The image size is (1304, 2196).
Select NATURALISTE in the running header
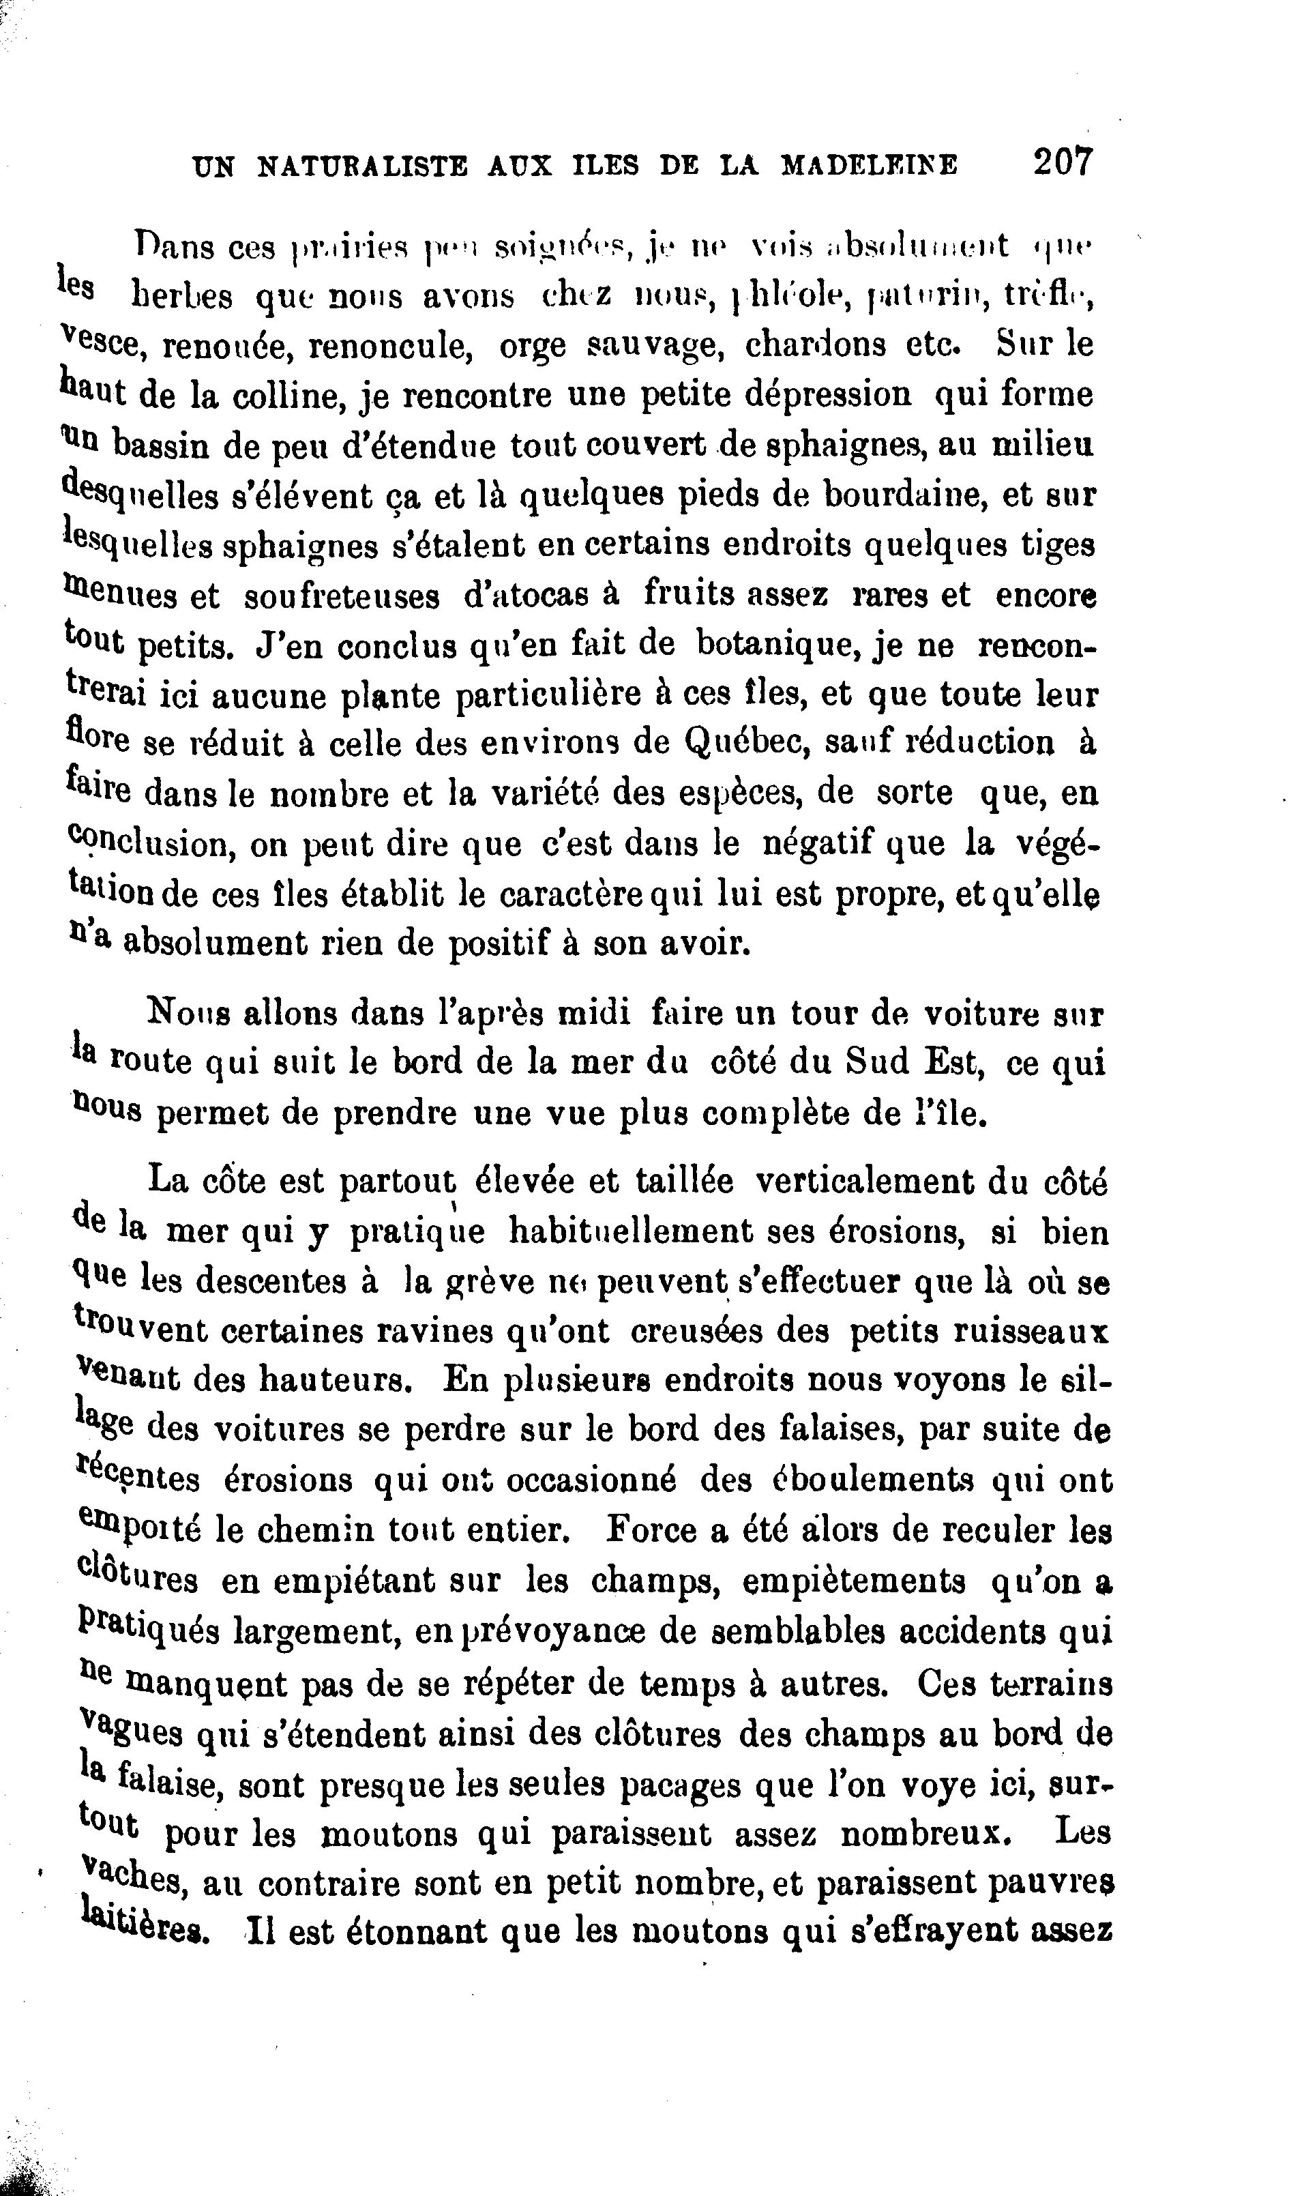click(x=362, y=166)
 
